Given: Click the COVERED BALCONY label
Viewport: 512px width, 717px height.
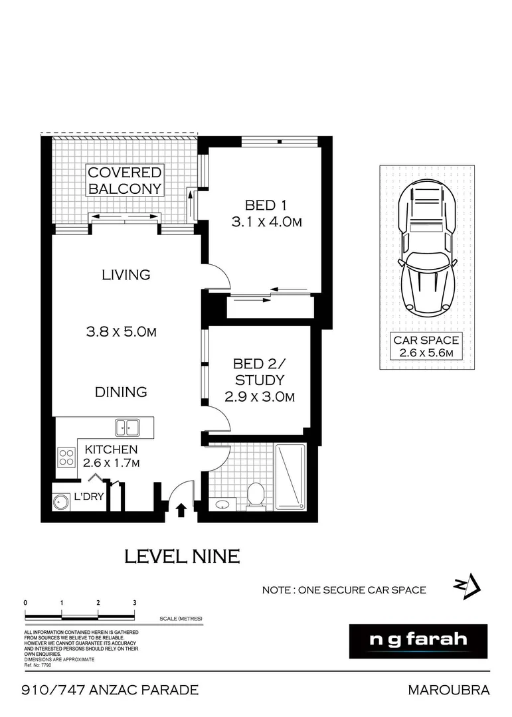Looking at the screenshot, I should (x=125, y=181).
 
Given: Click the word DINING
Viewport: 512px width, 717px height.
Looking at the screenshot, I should (x=120, y=392).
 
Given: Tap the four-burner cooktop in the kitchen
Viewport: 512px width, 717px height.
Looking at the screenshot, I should (x=66, y=457).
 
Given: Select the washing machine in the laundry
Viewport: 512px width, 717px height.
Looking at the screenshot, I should (x=62, y=502).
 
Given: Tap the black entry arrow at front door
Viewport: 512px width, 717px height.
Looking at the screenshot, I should (x=180, y=510).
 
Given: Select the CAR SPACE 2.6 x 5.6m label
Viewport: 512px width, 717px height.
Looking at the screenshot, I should (x=426, y=347).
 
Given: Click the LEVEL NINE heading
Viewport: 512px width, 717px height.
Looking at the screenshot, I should (x=181, y=556).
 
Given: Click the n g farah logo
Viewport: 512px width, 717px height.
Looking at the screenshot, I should (x=418, y=641).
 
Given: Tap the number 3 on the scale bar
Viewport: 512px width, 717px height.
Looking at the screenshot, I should (x=134, y=602).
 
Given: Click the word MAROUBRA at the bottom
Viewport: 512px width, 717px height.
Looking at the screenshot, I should (x=448, y=690).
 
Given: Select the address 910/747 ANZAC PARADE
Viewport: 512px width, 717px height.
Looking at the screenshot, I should (x=111, y=690).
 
